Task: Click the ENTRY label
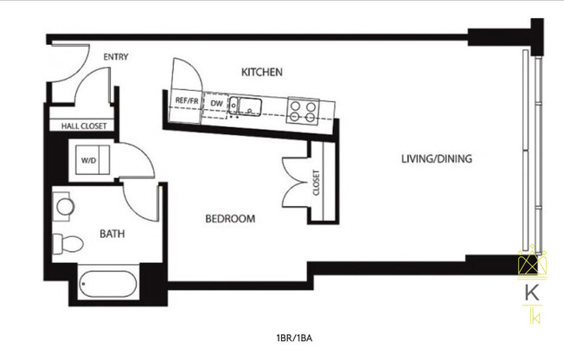point(116,57)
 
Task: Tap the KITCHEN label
point(262,72)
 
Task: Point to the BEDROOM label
point(230,219)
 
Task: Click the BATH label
point(112,234)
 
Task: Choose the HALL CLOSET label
point(84,126)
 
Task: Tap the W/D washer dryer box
point(88,161)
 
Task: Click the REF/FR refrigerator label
point(187,101)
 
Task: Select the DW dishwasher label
point(216,104)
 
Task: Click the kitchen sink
point(250,107)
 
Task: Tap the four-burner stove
point(304,111)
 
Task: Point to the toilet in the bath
point(64,241)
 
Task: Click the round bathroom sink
point(64,208)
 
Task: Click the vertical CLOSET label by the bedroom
point(316,183)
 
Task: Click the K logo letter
point(530,292)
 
